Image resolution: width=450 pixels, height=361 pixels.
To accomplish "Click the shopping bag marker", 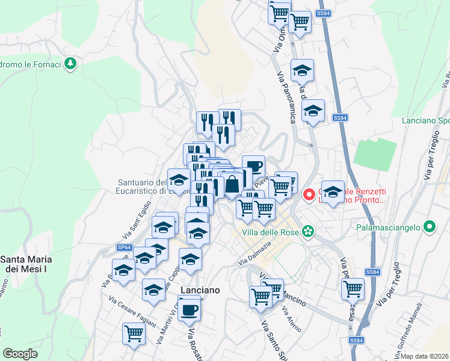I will [232, 184].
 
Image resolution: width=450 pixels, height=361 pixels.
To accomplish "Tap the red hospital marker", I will [310, 194].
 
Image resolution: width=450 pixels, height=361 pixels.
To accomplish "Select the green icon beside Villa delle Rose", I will [309, 230].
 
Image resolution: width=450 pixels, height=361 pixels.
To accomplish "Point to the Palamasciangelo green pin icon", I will [429, 227].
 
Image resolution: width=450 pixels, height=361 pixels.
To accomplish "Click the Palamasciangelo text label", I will [389, 228].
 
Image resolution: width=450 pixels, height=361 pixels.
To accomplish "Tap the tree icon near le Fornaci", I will [71, 63].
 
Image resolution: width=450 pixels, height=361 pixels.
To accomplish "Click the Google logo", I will [20, 354].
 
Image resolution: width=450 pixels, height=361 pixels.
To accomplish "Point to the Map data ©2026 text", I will [425, 356].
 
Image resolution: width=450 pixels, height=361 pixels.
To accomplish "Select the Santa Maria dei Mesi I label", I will [26, 264].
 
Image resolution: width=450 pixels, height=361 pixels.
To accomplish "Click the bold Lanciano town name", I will [199, 289].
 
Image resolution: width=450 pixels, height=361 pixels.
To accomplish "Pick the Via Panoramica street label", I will [286, 96].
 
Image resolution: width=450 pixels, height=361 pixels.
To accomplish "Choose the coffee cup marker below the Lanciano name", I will [190, 310].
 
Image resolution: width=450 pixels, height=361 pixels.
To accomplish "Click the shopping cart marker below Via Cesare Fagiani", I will [133, 333].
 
